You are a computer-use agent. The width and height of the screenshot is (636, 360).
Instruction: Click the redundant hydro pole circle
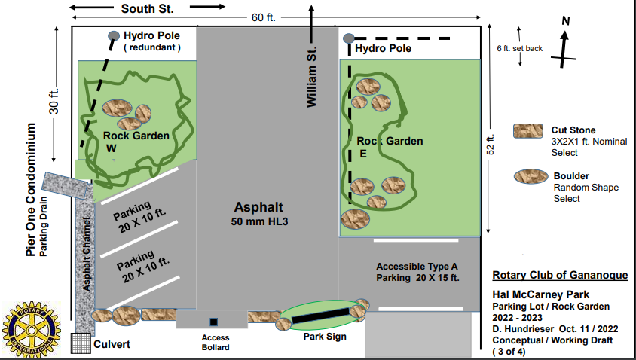click(114, 35)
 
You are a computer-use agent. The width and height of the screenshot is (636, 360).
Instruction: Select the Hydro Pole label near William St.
click(384, 48)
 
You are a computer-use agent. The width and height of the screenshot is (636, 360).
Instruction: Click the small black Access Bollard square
click(214, 322)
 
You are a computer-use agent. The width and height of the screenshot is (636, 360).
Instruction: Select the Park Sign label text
click(325, 337)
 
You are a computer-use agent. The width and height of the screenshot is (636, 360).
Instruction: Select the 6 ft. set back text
click(519, 48)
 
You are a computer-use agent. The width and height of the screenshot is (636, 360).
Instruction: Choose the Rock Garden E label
click(389, 146)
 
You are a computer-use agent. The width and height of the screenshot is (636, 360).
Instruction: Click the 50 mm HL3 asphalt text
click(260, 221)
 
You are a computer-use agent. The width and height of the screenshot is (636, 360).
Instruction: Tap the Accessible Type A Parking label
click(417, 272)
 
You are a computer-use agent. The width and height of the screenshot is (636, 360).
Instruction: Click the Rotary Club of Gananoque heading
click(559, 275)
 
